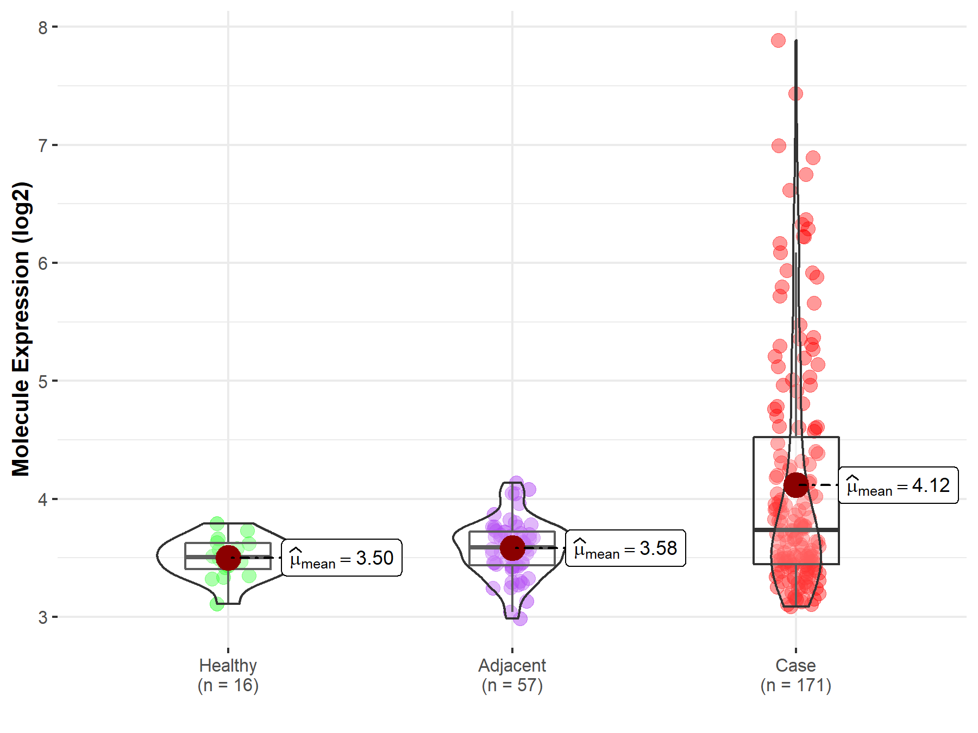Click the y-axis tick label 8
[x=43, y=27]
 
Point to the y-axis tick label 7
[x=43, y=146]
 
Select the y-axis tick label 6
[x=43, y=263]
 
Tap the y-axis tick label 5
[x=43, y=381]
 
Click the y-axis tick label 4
[x=43, y=500]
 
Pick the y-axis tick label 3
[x=43, y=617]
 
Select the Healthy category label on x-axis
[x=228, y=665]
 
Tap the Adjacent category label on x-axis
[x=512, y=665]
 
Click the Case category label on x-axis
[x=795, y=665]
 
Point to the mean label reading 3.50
[x=342, y=558]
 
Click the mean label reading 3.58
[x=625, y=548]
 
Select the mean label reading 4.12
[x=898, y=485]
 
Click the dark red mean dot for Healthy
[x=228, y=558]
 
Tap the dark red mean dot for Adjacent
[x=512, y=548]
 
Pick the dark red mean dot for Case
[x=796, y=484]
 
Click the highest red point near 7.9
[x=778, y=40]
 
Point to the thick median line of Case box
[x=796, y=529]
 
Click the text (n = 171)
[x=795, y=685]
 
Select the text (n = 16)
[x=228, y=685]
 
